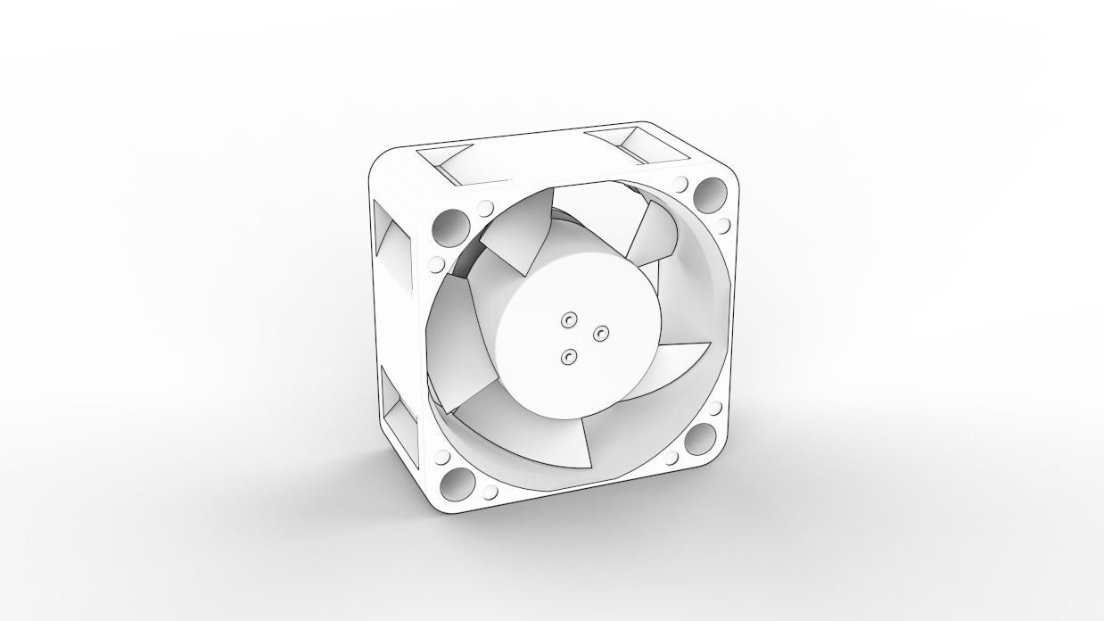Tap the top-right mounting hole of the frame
711,192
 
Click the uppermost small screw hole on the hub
568,319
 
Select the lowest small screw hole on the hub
568,357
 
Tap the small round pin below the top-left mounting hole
436,263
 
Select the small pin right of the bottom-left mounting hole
490,490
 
